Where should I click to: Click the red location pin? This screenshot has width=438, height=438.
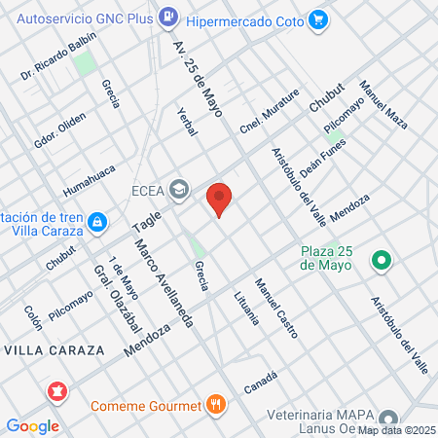pos(220,199)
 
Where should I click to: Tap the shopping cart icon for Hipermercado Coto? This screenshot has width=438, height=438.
pos(317,18)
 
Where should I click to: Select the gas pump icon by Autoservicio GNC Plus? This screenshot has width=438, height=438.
pos(168,17)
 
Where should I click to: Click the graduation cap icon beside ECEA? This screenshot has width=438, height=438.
pos(178,188)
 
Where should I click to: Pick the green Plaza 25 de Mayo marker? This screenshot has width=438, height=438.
pos(382,260)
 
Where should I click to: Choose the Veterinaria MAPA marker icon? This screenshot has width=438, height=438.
pos(388,418)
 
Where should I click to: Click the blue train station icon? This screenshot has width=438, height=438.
pos(96,223)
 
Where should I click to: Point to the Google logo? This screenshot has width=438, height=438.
pos(32,425)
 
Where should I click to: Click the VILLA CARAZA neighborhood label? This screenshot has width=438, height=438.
pos(45,347)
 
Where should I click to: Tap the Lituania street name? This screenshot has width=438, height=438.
pos(244,313)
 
